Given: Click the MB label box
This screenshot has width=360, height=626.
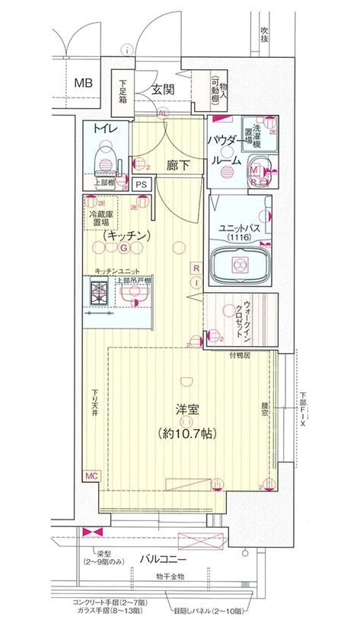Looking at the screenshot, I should (83, 83).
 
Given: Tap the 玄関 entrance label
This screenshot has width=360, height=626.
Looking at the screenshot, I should (163, 89).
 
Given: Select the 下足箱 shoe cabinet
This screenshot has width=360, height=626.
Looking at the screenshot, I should (123, 92).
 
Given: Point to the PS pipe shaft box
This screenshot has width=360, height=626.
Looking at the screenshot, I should (140, 184).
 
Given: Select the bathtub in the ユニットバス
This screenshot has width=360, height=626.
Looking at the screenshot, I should (239, 265).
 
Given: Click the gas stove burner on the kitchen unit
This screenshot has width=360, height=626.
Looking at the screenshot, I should (99, 290).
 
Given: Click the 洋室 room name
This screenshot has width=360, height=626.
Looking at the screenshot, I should (187, 410).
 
